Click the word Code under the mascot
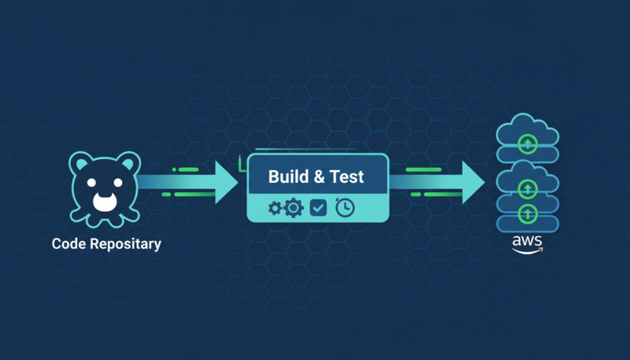pos(69,243)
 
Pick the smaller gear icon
pos(275,208)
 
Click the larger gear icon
pos(293,208)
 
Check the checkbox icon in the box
pos(318,208)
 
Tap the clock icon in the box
pos(345,207)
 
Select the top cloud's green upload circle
pos(528,143)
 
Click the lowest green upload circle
pos(528,213)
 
